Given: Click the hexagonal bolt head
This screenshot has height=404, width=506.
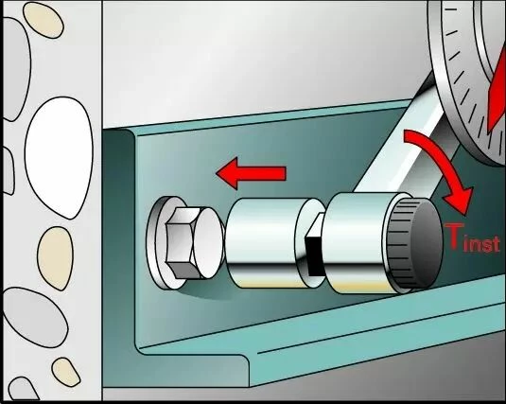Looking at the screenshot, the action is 180,243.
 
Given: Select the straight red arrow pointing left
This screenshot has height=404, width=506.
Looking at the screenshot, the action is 251,173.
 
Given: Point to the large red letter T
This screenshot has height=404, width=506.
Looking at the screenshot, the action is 454,237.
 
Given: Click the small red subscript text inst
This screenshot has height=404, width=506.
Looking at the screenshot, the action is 481,245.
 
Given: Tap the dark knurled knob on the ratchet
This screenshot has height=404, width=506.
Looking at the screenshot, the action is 414,245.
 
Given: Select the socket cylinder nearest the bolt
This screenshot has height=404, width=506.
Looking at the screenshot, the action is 265,243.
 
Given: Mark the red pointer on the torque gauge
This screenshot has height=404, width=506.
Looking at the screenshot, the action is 497,94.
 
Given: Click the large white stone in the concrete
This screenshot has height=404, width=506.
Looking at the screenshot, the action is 59,157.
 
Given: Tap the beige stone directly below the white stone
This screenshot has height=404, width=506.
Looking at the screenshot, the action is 56,258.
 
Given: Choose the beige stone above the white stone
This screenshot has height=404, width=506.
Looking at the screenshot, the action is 43,20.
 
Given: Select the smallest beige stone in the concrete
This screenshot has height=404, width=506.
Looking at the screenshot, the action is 66,372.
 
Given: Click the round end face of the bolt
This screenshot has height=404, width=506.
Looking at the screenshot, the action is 208,243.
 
